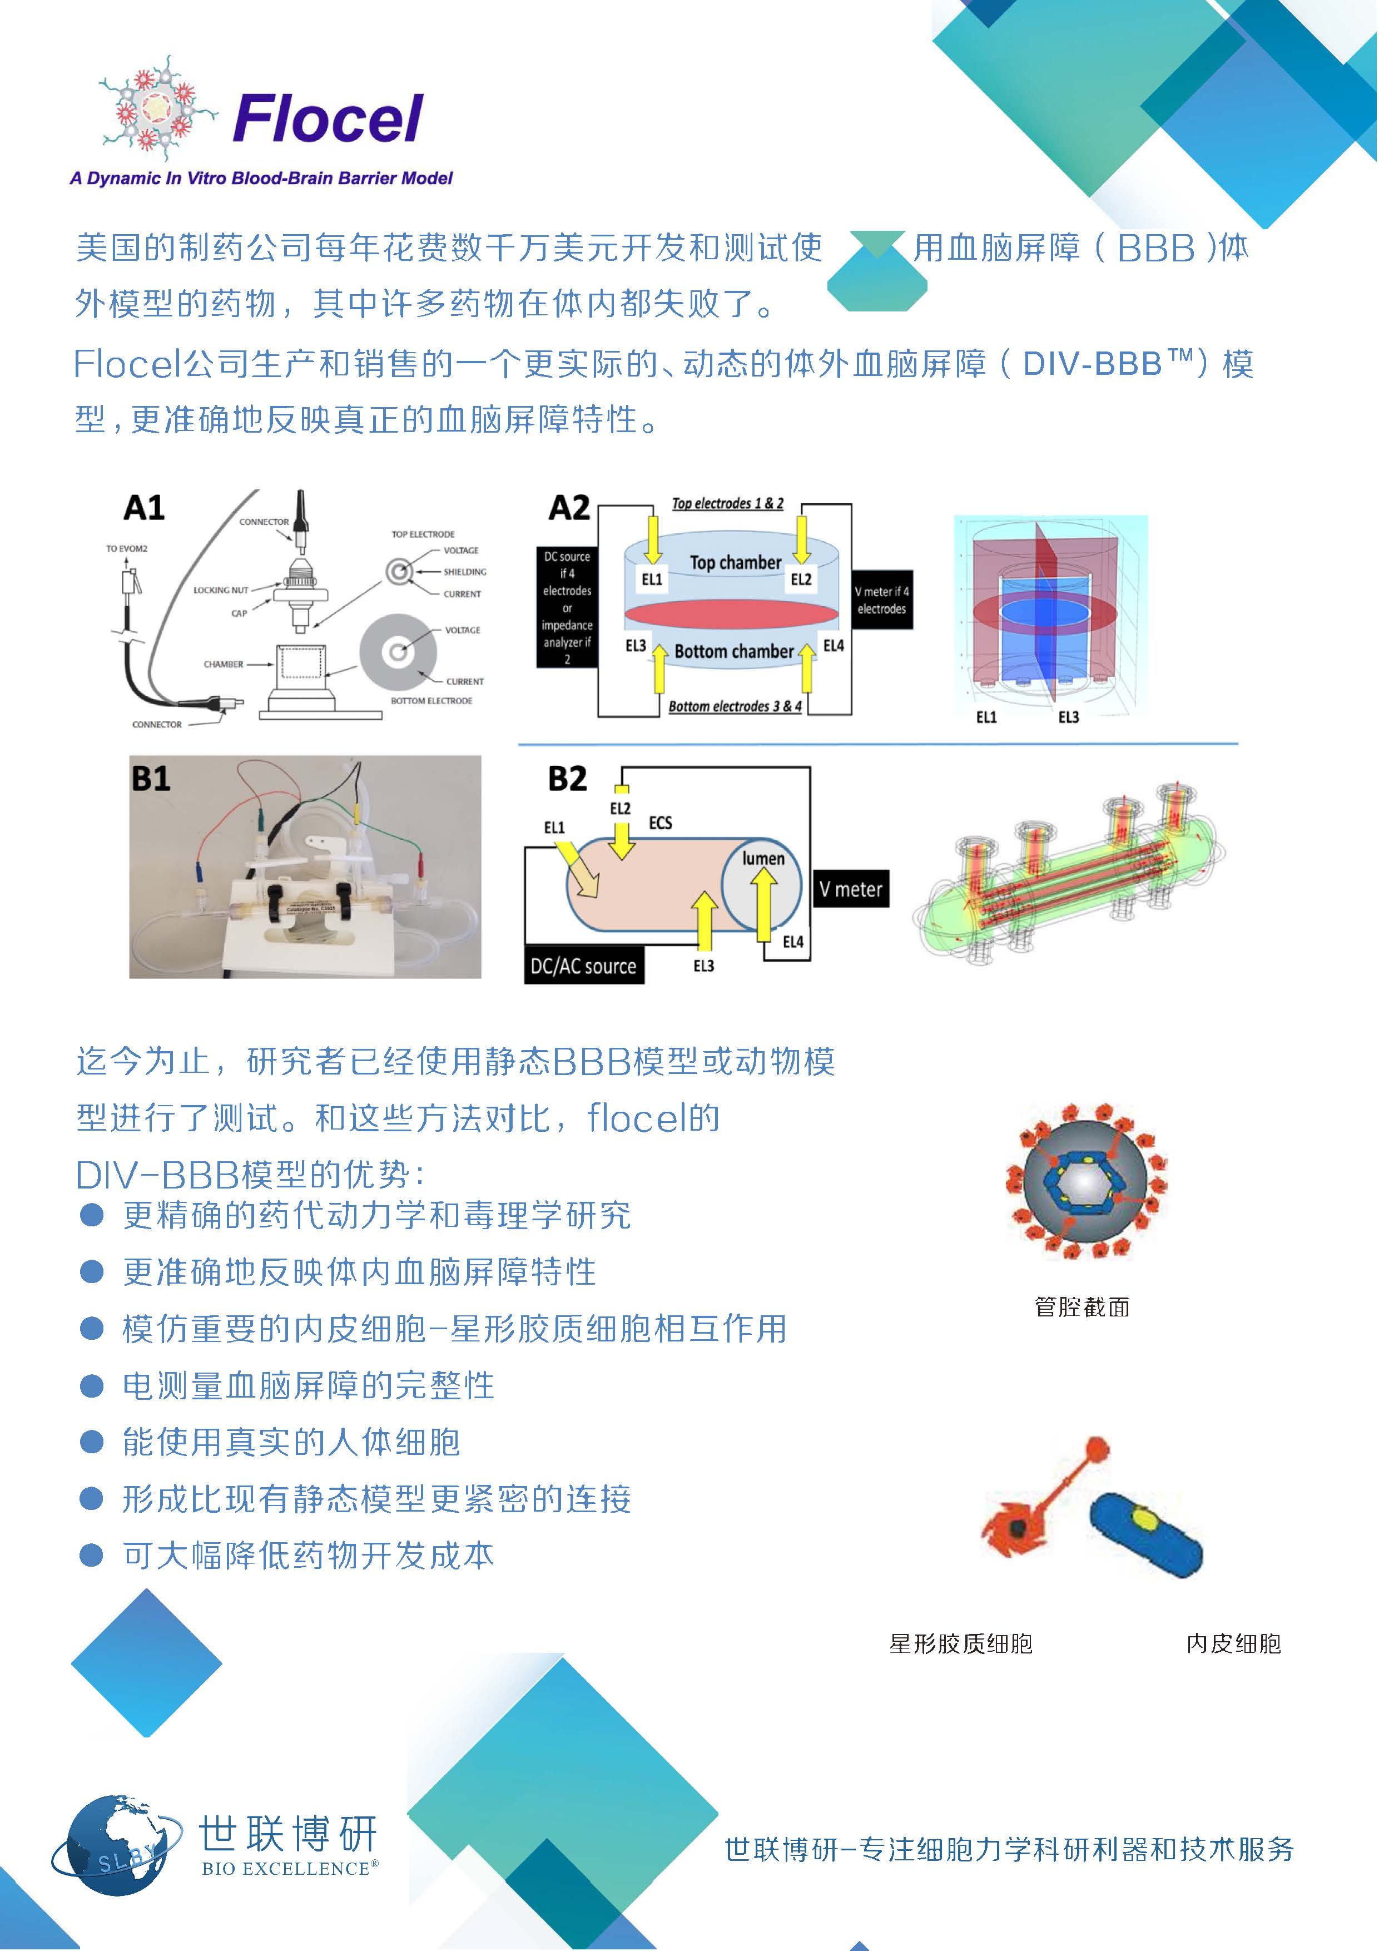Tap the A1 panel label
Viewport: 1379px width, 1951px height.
click(143, 508)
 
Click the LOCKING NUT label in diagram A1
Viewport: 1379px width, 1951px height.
click(220, 590)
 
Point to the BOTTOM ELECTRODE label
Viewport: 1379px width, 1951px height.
click(431, 701)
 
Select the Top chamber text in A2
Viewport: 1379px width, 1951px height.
click(735, 562)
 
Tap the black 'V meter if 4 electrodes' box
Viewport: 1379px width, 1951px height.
click(881, 600)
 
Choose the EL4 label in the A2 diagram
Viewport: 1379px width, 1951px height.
click(834, 646)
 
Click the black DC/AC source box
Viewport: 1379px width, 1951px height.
click(584, 966)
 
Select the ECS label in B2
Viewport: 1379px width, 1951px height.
click(660, 823)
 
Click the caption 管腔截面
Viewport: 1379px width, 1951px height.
click(1082, 1307)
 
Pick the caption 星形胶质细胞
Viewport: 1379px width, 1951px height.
click(960, 1644)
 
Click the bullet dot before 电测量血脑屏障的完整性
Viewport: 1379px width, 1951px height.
click(91, 1386)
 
